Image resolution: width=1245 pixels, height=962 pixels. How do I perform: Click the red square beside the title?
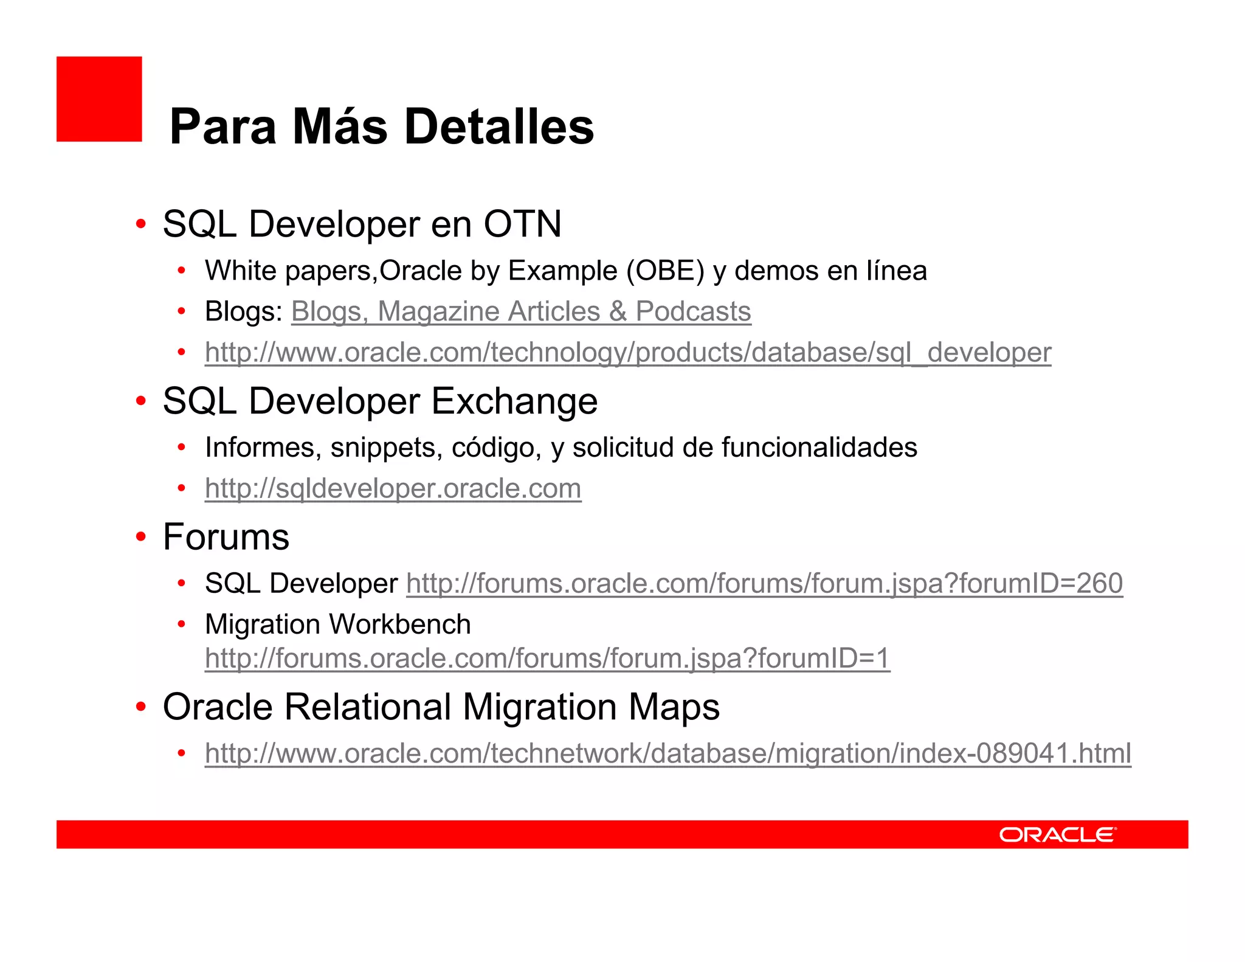coord(99,99)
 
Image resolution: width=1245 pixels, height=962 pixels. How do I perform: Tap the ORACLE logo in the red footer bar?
coord(1057,834)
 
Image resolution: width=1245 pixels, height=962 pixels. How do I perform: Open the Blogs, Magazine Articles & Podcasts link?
coord(521,311)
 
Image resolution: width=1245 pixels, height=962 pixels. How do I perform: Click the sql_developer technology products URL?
coord(627,352)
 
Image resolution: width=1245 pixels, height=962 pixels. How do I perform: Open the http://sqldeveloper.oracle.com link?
coord(393,488)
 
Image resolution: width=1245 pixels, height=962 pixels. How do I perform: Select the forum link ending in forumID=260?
coord(764,583)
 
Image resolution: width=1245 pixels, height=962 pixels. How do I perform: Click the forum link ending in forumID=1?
coord(547,658)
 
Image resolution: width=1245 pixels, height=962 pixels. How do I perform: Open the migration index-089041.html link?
coord(667,753)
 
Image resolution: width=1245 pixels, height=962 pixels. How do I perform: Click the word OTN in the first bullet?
coord(522,224)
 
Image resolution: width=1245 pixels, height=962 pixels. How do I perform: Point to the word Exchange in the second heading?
coord(514,401)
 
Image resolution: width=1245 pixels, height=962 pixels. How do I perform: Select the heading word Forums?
coord(226,537)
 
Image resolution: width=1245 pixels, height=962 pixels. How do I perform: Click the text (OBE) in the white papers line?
coord(665,271)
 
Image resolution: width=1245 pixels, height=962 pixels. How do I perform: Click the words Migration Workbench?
coord(338,624)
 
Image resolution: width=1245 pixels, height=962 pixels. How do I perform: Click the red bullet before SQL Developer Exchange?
coord(141,401)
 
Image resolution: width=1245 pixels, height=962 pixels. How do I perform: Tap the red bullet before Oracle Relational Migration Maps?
coord(141,707)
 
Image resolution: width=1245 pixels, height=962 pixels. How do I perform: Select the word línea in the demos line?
coord(896,271)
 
